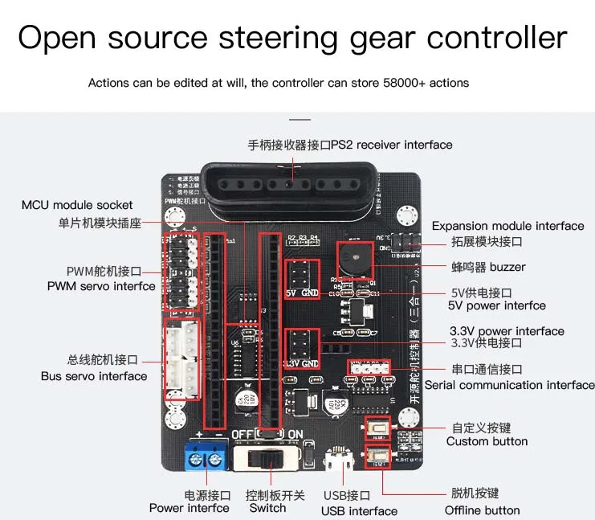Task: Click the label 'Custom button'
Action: [x=487, y=441]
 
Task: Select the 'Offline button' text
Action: [x=482, y=510]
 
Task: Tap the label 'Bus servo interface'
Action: [x=94, y=376]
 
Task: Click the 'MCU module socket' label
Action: [x=77, y=205]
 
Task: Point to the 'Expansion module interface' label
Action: [x=507, y=226]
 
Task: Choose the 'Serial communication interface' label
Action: [x=510, y=385]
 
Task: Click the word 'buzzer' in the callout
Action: [x=507, y=267]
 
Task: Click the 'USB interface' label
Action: [x=359, y=511]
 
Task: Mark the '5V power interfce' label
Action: [x=496, y=305]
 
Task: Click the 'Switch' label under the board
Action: [x=267, y=508]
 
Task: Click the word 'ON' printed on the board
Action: [x=295, y=435]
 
